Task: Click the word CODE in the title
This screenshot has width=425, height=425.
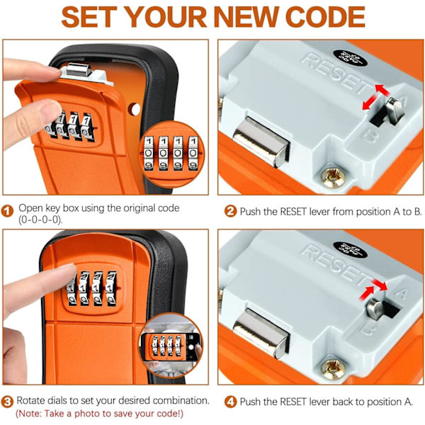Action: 325,17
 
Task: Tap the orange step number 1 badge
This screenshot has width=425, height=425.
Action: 7,211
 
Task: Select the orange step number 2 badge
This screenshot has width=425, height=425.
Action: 230,211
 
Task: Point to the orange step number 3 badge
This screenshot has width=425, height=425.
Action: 7,402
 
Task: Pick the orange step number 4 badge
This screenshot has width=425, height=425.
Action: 230,402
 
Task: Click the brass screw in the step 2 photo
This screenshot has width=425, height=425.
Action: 333,178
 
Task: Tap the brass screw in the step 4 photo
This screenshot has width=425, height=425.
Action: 333,369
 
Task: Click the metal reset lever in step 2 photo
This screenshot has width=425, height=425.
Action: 395,111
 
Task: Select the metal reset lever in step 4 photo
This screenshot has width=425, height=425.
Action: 375,308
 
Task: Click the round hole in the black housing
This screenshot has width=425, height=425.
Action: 134,109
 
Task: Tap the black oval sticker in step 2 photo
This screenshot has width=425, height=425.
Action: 350,58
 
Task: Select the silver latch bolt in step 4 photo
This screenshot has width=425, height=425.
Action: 261,334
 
